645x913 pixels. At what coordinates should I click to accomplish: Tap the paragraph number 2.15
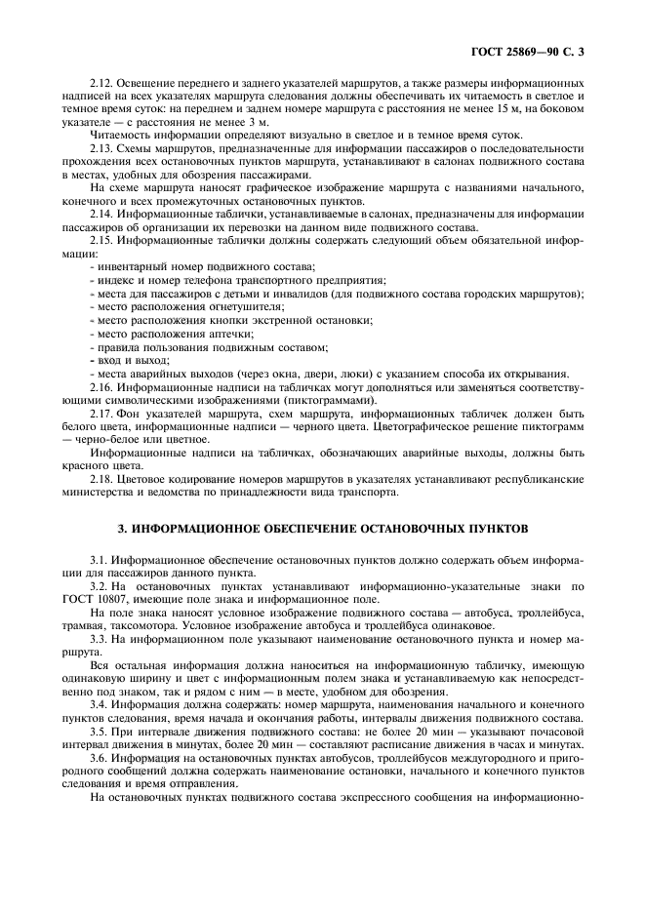(x=102, y=239)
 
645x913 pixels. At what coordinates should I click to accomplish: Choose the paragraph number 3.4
(x=99, y=703)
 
